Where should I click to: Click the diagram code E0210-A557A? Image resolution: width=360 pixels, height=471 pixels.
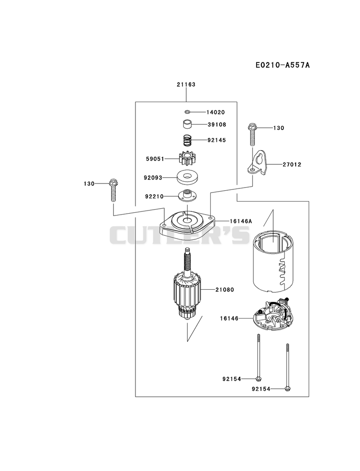(283, 65)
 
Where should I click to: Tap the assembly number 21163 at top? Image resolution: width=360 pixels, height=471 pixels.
(186, 85)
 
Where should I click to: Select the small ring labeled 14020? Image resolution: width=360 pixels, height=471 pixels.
(187, 112)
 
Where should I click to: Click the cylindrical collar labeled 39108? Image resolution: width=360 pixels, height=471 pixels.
(187, 124)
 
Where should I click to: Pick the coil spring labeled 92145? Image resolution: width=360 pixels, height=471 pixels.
(188, 140)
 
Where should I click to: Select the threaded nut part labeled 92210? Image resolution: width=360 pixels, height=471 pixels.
(187, 196)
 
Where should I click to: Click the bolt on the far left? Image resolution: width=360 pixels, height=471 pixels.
(113, 190)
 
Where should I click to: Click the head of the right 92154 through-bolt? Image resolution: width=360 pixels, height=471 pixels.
(288, 389)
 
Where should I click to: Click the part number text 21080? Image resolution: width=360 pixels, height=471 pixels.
(225, 290)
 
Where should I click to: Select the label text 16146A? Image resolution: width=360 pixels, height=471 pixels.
(241, 221)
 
